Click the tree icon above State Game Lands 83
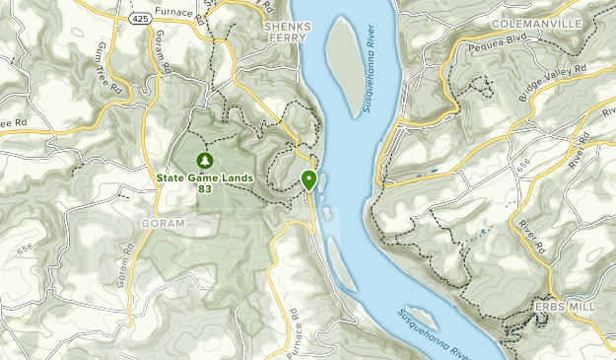click(205, 160)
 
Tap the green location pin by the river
click(309, 180)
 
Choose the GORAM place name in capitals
click(164, 224)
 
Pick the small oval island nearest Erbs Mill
click(421, 317)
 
